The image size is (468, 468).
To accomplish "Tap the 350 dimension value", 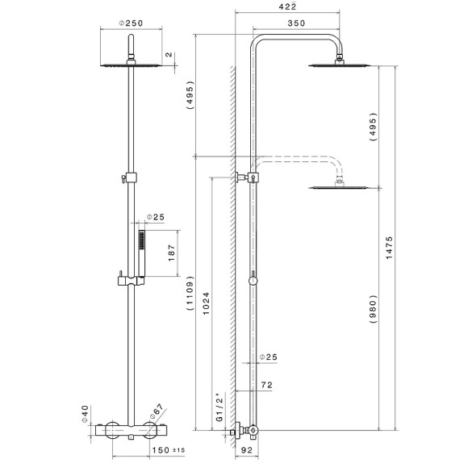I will pyautogui.click(x=296, y=23).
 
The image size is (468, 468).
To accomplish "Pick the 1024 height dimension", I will pyautogui.click(x=208, y=307).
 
